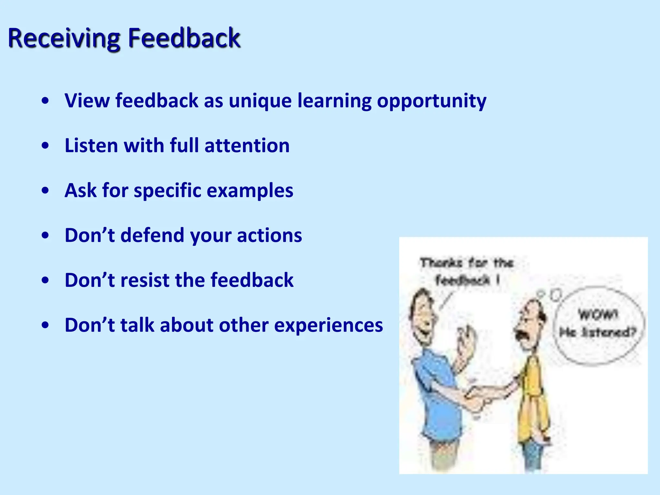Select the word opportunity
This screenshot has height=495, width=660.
(x=432, y=101)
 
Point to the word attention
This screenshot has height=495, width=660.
(x=247, y=145)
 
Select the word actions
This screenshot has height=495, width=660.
(x=269, y=235)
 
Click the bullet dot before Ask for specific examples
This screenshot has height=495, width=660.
(x=45, y=190)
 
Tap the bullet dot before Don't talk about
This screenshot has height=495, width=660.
(x=45, y=325)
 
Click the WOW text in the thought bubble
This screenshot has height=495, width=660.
(x=598, y=314)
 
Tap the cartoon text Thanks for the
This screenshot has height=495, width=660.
(x=466, y=263)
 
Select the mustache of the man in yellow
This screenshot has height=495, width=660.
(x=521, y=335)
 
